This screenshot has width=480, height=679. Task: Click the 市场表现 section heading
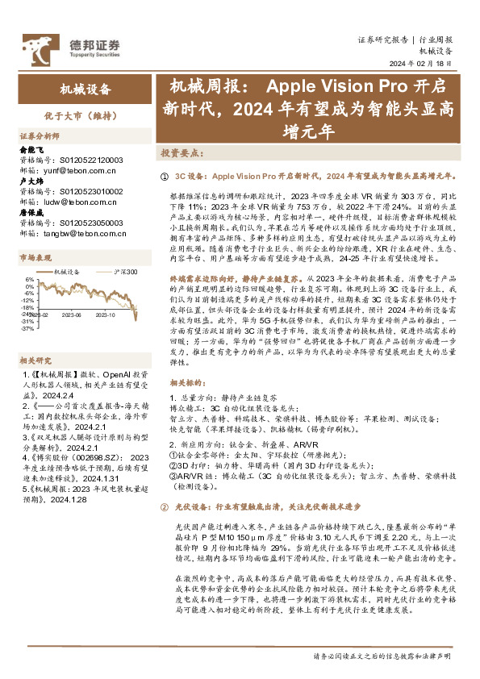coord(35,258)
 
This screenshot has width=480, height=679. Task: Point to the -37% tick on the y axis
coord(27,328)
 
